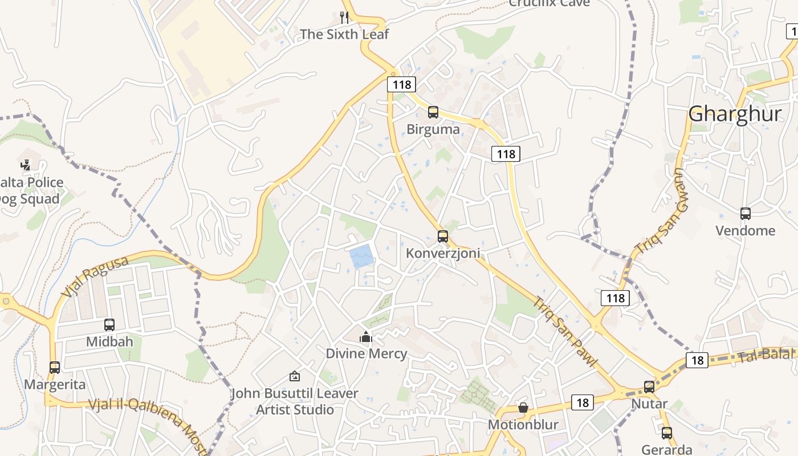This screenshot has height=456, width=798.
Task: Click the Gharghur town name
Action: click(735, 114)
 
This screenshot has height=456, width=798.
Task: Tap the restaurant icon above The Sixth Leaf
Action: click(344, 18)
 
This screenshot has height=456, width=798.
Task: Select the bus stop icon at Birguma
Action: click(433, 112)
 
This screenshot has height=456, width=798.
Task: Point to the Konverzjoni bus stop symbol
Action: click(443, 236)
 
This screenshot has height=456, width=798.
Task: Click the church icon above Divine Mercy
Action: click(366, 337)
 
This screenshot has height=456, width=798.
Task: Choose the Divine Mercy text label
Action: click(367, 353)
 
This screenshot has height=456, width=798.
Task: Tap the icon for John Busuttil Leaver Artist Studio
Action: click(295, 376)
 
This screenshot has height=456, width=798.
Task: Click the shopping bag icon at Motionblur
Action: click(523, 408)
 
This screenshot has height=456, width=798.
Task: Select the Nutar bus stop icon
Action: click(649, 387)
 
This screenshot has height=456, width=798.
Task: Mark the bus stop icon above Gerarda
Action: click(667, 433)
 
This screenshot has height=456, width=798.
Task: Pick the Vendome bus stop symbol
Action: click(746, 214)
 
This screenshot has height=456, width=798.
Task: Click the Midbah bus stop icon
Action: click(109, 325)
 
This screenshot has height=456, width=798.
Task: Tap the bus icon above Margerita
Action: click(55, 368)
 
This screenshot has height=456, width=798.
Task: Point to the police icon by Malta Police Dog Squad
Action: click(25, 165)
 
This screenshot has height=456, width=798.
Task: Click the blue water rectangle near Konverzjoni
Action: click(362, 256)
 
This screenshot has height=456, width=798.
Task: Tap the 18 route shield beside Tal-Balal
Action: click(697, 360)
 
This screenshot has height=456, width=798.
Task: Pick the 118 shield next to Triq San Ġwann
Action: click(615, 298)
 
